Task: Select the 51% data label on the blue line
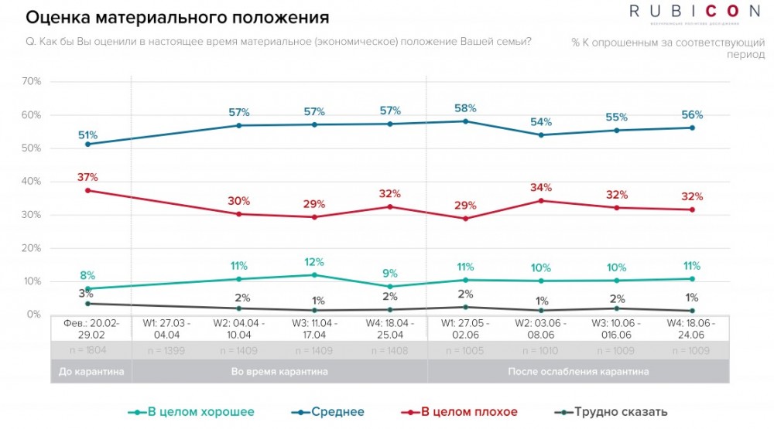pyautogui.click(x=87, y=135)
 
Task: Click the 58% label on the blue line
pyautogui.click(x=466, y=108)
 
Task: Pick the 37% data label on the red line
pyautogui.click(x=87, y=177)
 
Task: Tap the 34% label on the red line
pyautogui.click(x=541, y=188)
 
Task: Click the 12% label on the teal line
pyautogui.click(x=314, y=262)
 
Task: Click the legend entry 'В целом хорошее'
pyautogui.click(x=193, y=412)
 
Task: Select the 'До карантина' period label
pyautogui.click(x=91, y=372)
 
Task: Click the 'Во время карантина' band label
pyautogui.click(x=279, y=372)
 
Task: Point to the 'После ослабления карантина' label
pyautogui.click(x=578, y=372)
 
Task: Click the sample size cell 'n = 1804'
pyautogui.click(x=91, y=350)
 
